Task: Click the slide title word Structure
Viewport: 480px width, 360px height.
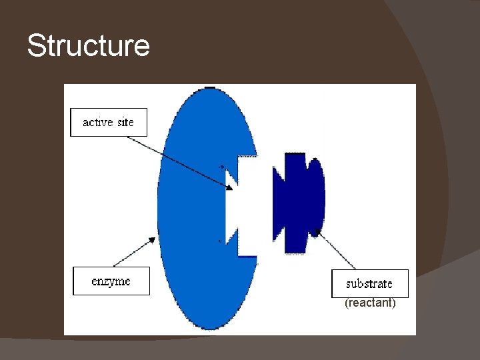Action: [x=89, y=47]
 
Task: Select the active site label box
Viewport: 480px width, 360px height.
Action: [x=108, y=122]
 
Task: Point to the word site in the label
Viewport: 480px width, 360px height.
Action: [x=125, y=122]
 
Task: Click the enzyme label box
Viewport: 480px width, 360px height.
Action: [x=111, y=281]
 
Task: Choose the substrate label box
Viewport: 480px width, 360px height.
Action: [x=369, y=283]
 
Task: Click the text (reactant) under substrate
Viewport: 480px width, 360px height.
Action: [x=370, y=303]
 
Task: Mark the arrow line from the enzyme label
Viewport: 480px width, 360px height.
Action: [x=133, y=254]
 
